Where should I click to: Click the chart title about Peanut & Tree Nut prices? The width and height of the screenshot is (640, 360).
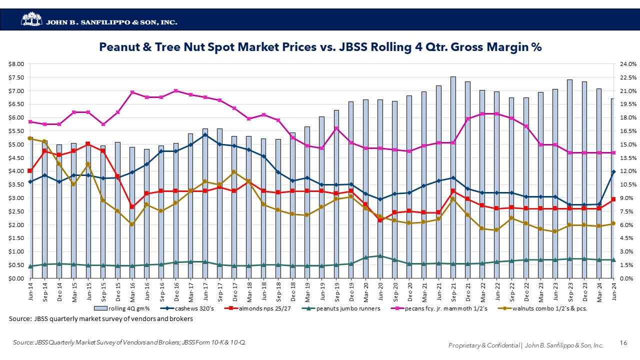tap(320, 47)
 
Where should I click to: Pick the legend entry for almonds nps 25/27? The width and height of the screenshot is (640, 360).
tap(262, 308)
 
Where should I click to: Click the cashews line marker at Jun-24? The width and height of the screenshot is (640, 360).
tap(613, 172)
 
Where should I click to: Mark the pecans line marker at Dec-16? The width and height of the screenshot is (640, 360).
tap(175, 91)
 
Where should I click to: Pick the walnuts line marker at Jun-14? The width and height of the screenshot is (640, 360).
tap(30, 138)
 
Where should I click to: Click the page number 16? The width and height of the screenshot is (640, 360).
tap(623, 343)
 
